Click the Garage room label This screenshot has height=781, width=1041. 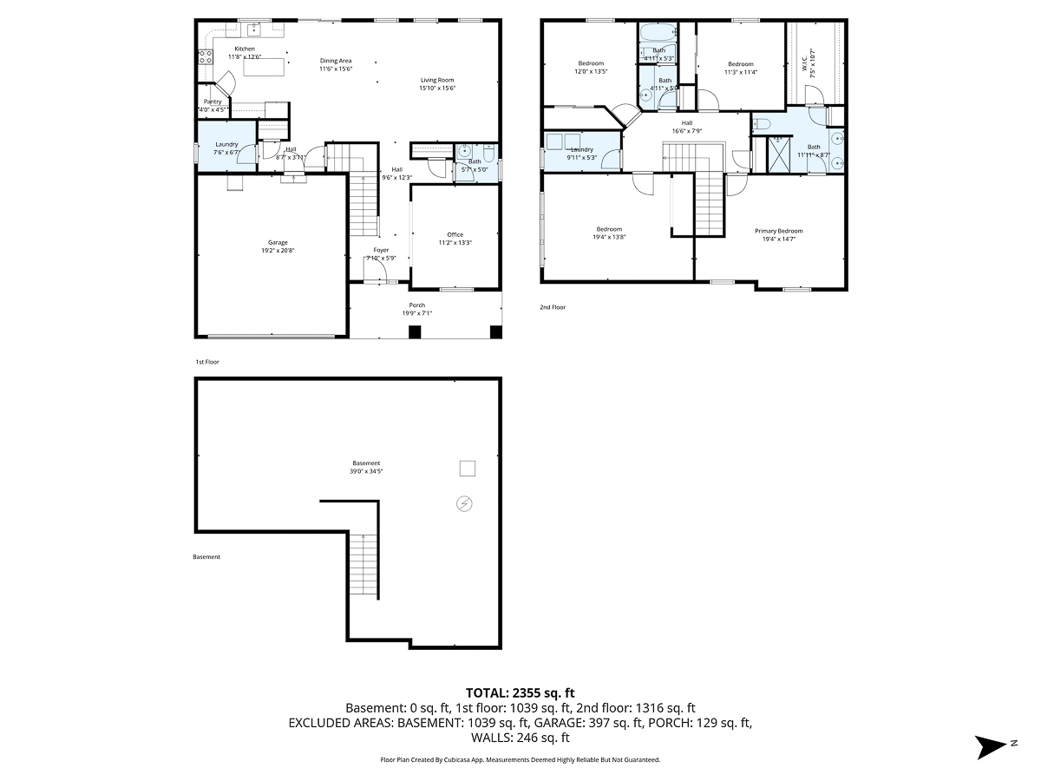278,243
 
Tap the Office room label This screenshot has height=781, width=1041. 455,234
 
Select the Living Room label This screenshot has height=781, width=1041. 437,80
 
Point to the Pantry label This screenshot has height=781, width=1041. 213,102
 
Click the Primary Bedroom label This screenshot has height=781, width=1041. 778,231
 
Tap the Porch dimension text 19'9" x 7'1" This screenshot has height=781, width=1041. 417,313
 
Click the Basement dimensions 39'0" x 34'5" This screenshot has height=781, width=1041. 366,472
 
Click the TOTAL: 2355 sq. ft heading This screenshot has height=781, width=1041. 520,692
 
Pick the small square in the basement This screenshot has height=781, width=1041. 467,469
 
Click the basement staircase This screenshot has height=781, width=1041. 364,564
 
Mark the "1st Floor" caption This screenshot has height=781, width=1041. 207,362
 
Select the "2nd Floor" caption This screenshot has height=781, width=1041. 553,307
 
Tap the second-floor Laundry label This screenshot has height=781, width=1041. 581,149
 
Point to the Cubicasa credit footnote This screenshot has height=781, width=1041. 520,759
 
